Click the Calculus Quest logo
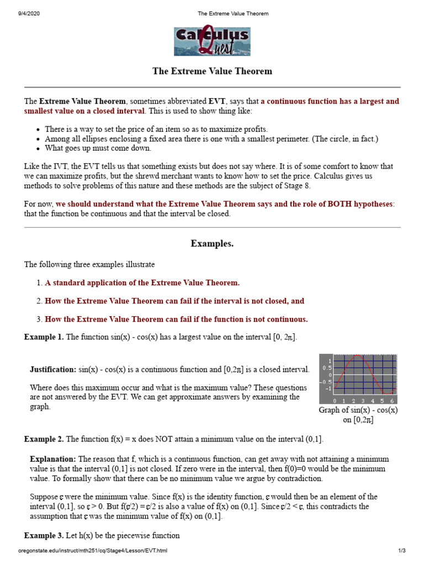tap(212, 41)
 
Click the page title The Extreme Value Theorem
tap(212, 71)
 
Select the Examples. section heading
tap(212, 243)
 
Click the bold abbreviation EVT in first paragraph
tap(216, 102)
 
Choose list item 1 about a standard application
tap(142, 282)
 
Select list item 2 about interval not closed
tap(174, 301)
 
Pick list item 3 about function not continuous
tap(176, 319)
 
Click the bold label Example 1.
tap(44, 337)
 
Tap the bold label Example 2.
tap(44, 439)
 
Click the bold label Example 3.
tap(44, 536)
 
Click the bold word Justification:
tap(53, 369)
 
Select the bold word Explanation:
tap(53, 459)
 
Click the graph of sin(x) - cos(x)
tap(358, 379)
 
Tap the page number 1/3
tap(401, 551)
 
